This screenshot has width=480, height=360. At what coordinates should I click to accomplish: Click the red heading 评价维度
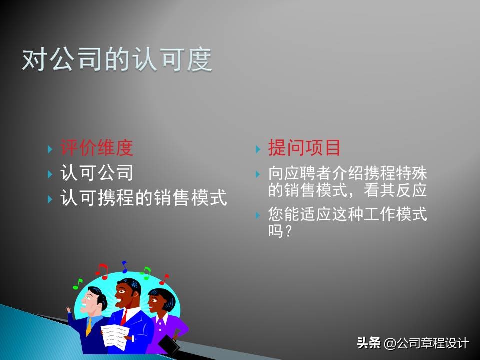click(x=97, y=148)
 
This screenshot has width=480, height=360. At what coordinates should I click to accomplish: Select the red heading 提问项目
click(x=304, y=148)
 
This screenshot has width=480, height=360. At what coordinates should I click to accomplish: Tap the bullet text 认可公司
click(x=97, y=173)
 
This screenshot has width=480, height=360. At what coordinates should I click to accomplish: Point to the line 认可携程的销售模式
click(x=144, y=198)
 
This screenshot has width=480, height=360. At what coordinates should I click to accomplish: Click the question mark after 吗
click(x=287, y=231)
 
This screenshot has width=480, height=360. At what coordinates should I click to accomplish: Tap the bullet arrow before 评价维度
click(x=50, y=149)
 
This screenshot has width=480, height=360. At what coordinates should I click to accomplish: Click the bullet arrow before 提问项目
click(x=258, y=149)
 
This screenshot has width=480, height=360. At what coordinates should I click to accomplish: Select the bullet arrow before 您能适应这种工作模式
click(x=258, y=215)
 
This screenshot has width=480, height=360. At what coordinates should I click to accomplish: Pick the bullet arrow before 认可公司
click(x=50, y=174)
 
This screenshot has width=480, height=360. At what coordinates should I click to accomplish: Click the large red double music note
click(x=102, y=271)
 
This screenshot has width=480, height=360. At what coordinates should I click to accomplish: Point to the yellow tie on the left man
click(x=89, y=327)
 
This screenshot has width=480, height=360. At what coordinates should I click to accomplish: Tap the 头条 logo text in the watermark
click(x=368, y=343)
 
